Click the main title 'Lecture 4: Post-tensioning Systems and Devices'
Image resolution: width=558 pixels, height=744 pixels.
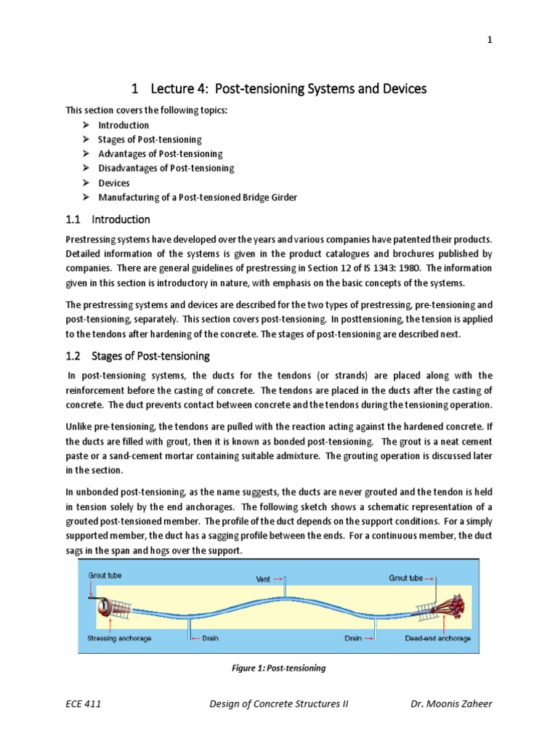point(279,89)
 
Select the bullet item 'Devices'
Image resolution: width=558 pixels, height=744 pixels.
point(114,183)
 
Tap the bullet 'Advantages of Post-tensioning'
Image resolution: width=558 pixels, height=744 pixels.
point(160,154)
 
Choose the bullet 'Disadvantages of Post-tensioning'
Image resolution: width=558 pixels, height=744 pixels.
point(166,169)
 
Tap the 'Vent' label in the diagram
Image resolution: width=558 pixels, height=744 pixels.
point(264,579)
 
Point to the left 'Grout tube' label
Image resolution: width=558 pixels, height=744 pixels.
point(106,575)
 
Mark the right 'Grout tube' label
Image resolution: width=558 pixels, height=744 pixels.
point(408,579)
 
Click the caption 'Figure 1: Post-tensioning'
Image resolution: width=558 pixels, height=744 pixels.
point(279,668)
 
